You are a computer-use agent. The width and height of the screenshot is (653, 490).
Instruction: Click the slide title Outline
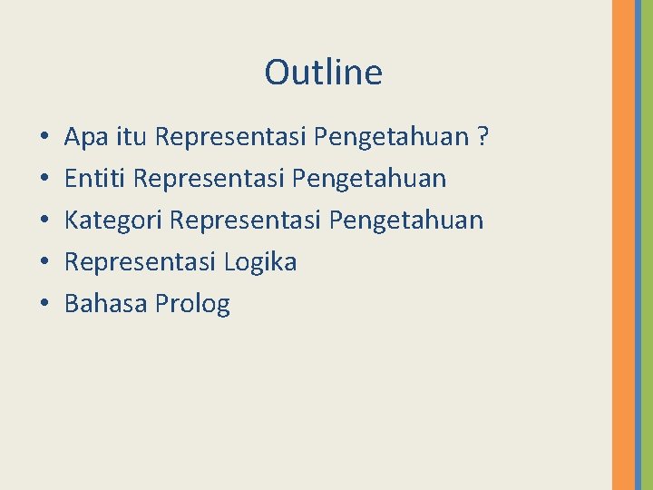(x=323, y=73)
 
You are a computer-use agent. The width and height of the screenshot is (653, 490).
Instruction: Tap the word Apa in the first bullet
(x=84, y=138)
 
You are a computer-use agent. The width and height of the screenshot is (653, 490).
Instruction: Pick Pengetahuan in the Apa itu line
(x=390, y=138)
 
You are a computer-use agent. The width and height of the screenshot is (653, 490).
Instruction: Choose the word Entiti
(x=94, y=179)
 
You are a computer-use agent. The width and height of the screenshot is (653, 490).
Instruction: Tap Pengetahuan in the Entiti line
(x=369, y=180)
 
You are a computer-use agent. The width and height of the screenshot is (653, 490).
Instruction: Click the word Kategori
(x=113, y=220)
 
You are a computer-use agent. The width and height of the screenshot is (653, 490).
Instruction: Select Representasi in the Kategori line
(x=246, y=220)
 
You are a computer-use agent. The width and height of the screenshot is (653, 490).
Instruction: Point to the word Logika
(x=259, y=263)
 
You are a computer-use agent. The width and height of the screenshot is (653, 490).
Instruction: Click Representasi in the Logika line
(x=140, y=262)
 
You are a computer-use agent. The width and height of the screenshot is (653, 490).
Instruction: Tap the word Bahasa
(x=106, y=304)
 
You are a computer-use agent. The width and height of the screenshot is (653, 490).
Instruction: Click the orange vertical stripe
(x=623, y=245)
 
